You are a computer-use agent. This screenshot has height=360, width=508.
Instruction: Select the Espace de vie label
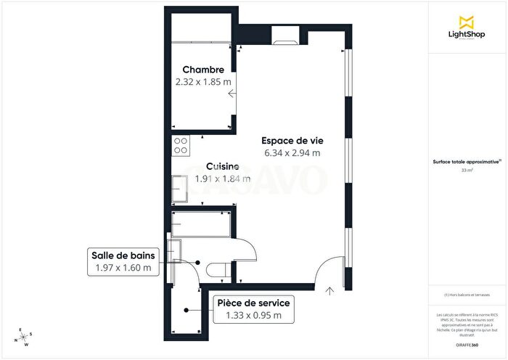coord(293,139)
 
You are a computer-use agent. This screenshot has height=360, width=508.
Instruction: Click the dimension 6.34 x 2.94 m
coord(293,152)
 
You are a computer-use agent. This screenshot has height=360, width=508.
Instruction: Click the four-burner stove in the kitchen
coord(181,145)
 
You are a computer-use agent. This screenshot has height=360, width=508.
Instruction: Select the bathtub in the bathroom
coord(201,224)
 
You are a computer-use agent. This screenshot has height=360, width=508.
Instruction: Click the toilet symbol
coord(217,271)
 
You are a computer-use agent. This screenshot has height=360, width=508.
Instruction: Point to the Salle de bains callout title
coord(123,255)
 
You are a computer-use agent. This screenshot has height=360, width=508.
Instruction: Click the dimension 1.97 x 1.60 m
coord(123,268)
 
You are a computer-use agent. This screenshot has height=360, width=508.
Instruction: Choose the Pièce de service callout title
coord(253,303)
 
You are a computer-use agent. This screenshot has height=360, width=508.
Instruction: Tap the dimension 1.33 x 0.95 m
coord(253,315)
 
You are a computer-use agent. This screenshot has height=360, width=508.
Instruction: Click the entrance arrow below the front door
coord(331,292)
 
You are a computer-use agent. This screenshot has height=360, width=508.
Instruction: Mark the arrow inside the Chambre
coord(231,94)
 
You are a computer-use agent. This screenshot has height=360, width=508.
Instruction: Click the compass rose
coord(24,336)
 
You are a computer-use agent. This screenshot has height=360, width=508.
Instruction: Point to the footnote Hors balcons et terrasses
coord(467,295)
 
